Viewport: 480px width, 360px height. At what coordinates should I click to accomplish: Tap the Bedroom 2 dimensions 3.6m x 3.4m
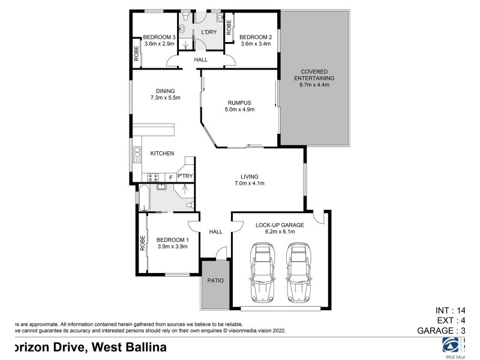pos(256,44)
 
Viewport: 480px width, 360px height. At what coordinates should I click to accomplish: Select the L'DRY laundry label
pos(209,32)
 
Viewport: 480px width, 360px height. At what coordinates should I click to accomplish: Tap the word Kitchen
pos(162,154)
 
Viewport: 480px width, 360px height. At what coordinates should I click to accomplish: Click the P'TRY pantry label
pos(185,176)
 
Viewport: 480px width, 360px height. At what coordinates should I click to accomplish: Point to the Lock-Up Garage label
pos(280,225)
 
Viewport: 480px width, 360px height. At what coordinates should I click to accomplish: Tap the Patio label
pos(215,280)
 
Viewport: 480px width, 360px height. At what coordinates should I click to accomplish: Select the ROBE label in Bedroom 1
pos(143,243)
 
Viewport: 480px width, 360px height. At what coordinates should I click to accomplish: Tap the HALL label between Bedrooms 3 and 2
pos(200,60)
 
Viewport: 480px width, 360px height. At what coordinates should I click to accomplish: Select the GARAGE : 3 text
pos(441,331)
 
